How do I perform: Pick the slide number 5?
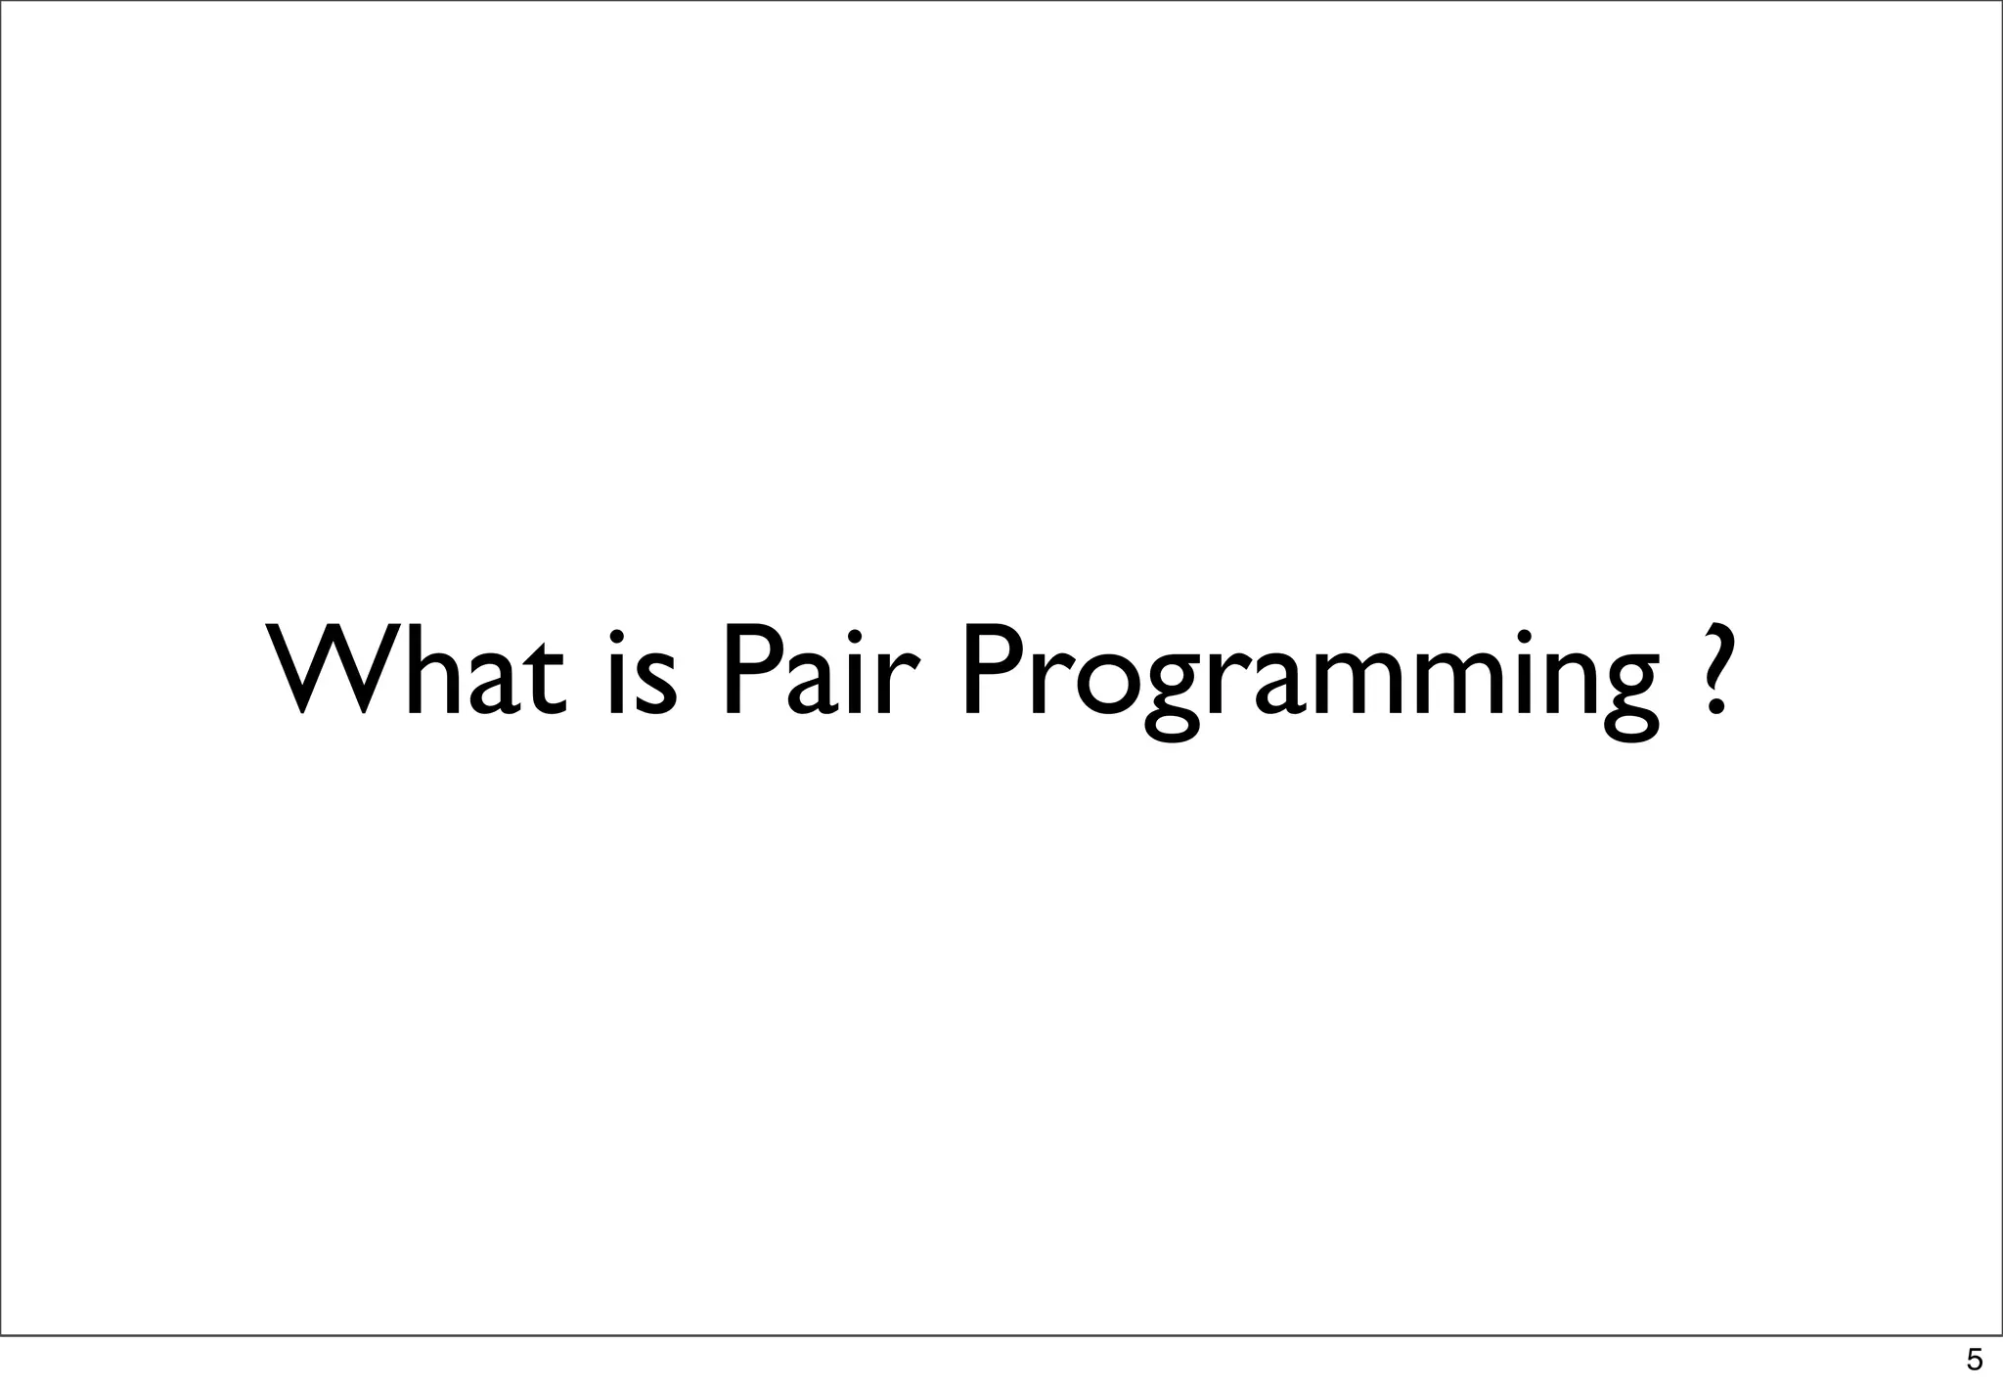click(1974, 1360)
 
